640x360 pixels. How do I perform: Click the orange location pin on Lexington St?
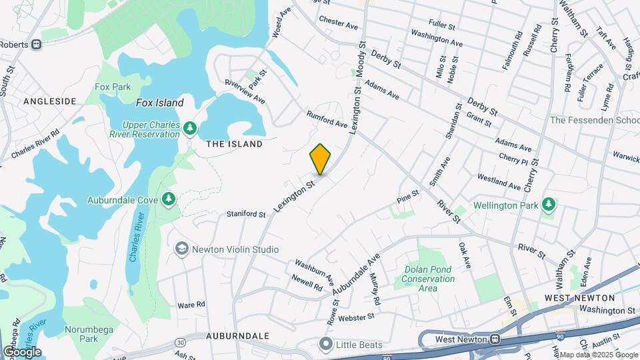pyautogui.click(x=321, y=159)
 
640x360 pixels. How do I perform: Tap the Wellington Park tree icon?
pyautogui.click(x=548, y=203)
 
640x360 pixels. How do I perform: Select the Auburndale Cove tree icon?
pyautogui.click(x=169, y=198)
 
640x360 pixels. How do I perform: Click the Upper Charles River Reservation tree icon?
pyautogui.click(x=190, y=127)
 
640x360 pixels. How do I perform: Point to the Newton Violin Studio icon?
pyautogui.click(x=180, y=249)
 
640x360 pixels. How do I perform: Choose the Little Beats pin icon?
pyautogui.click(x=325, y=345)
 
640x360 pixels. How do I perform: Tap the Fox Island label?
pyautogui.click(x=159, y=103)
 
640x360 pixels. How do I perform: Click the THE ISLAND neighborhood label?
pyautogui.click(x=234, y=144)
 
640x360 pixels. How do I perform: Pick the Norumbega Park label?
pyautogui.click(x=89, y=334)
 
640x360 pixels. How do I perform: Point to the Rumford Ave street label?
pyautogui.click(x=327, y=119)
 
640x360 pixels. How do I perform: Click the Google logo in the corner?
pyautogui.click(x=22, y=352)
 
